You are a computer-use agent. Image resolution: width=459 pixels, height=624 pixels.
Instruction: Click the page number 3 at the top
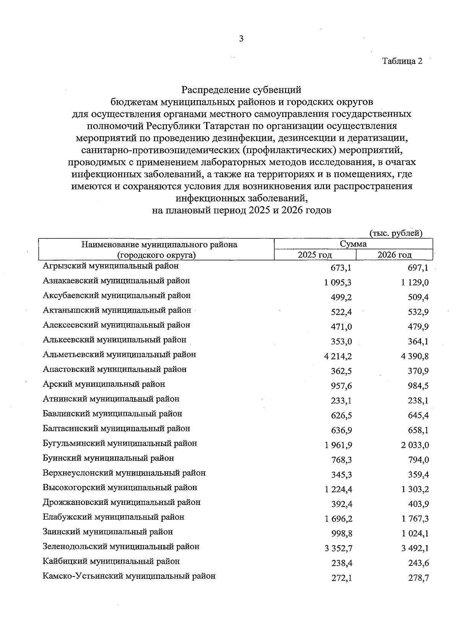[241, 39]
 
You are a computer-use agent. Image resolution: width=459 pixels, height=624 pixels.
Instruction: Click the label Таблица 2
[402, 61]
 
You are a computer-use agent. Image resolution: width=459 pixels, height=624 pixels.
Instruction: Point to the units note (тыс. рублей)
[396, 233]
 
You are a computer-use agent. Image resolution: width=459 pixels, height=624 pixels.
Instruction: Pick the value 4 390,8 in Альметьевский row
[415, 357]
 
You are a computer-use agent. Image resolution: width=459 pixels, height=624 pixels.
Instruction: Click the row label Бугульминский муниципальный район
[120, 443]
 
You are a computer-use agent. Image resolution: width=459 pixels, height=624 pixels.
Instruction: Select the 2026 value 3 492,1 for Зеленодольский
[415, 549]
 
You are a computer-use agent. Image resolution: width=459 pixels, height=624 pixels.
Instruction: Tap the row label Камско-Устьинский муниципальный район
[129, 576]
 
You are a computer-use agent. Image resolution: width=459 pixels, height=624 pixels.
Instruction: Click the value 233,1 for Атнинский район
[341, 401]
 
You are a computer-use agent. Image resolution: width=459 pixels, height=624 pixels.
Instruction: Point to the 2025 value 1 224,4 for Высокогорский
[338, 489]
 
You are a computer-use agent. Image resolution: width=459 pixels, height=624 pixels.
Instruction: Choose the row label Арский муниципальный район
[104, 384]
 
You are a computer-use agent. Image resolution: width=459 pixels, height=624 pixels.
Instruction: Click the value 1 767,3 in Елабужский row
[415, 519]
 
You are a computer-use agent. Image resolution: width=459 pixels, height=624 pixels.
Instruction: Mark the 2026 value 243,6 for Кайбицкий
[418, 564]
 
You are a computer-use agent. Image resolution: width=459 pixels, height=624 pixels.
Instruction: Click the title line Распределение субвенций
[241, 90]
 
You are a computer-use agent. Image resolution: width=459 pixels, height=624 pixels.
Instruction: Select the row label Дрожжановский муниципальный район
[122, 502]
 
